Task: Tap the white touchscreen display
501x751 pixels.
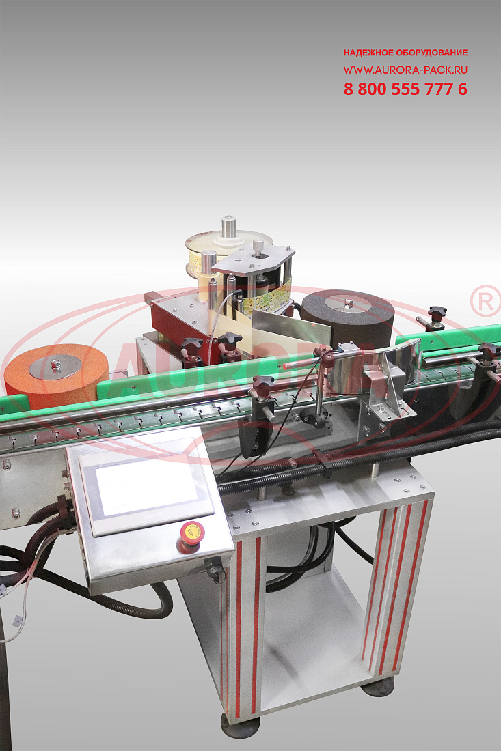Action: point(147,488)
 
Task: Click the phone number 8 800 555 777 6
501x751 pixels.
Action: point(405,89)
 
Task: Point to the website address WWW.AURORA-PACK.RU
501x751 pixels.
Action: point(405,70)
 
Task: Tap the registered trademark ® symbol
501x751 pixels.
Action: point(485,301)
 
